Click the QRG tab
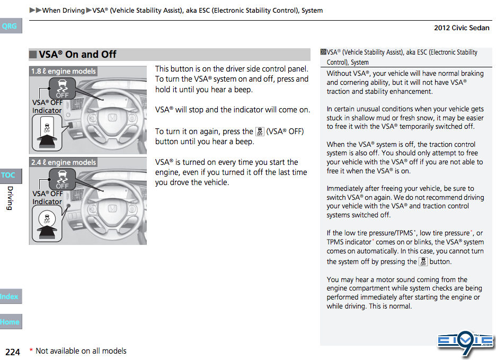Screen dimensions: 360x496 tap(10, 26)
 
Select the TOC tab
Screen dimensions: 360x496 tap(9, 175)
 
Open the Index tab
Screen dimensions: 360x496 tap(9, 296)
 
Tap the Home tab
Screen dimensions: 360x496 tap(10, 322)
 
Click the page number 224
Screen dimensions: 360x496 tap(13, 352)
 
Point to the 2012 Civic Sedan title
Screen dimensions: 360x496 tap(462, 28)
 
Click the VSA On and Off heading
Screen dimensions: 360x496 tap(77, 54)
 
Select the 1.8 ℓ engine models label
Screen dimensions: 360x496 tap(64, 71)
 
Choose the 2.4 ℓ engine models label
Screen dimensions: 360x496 tap(64, 162)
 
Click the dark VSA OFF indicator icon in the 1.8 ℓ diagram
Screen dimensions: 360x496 tap(63, 87)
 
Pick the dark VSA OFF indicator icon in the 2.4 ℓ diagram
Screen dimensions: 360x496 tap(63, 179)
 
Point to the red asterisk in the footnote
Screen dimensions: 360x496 tap(31, 350)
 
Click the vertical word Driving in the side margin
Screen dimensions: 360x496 tap(9, 198)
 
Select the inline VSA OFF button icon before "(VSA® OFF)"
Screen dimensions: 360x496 tap(260, 131)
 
